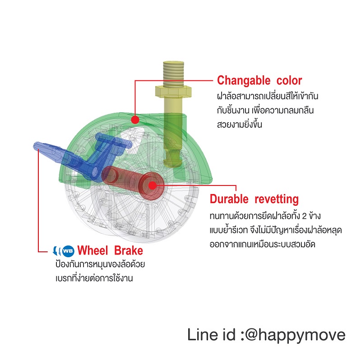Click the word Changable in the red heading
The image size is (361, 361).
[x=244, y=81]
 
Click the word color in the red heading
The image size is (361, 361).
[x=289, y=81]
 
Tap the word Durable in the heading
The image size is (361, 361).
[x=229, y=199]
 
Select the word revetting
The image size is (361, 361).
[x=277, y=199]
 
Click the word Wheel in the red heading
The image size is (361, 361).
[x=93, y=250]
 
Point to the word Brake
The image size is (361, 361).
[x=129, y=250]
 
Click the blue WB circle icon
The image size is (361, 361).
[x=68, y=251]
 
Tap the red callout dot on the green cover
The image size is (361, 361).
[x=135, y=120]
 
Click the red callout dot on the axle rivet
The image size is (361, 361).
[x=152, y=185]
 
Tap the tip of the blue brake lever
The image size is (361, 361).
[x=36, y=145]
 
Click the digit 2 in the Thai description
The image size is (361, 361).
[x=304, y=217]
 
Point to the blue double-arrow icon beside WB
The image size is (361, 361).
[x=57, y=251]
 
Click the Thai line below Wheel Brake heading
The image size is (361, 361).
[x=100, y=264]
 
